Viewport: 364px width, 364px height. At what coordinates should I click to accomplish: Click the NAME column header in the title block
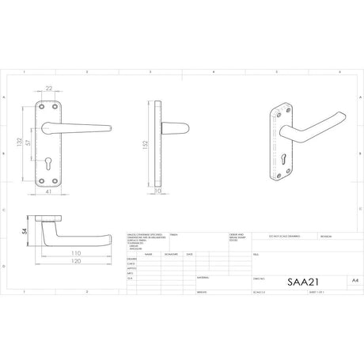[x=147, y=255]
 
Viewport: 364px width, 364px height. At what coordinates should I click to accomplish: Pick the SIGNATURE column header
[x=170, y=255]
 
